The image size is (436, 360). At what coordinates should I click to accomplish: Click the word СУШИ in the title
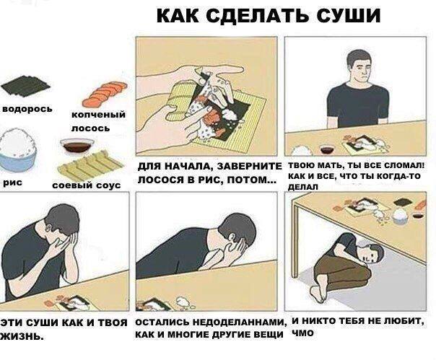point(349,15)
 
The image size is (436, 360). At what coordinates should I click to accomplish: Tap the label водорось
point(27,109)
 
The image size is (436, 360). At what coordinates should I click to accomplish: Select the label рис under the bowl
point(13,183)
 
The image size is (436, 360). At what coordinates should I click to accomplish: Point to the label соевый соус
point(87,185)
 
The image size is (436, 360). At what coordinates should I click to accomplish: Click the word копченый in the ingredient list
point(99,115)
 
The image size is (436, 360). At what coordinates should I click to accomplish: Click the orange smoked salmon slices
point(105,94)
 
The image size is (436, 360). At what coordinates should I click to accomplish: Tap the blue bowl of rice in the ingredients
point(17,150)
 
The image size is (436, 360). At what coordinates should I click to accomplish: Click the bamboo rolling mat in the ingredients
point(90,164)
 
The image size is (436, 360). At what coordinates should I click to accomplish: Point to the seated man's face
point(362,69)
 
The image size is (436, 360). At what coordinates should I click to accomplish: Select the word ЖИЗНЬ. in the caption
point(22,337)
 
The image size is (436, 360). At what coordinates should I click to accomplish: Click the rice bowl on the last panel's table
point(400,216)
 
